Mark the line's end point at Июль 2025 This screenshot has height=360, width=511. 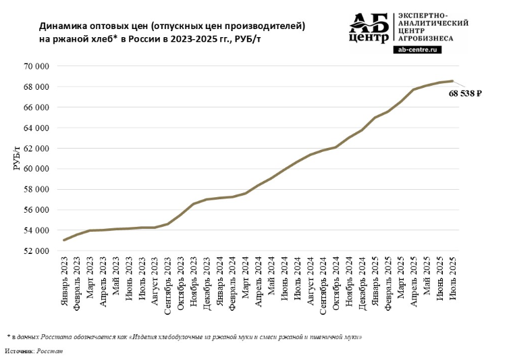click(x=452, y=81)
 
